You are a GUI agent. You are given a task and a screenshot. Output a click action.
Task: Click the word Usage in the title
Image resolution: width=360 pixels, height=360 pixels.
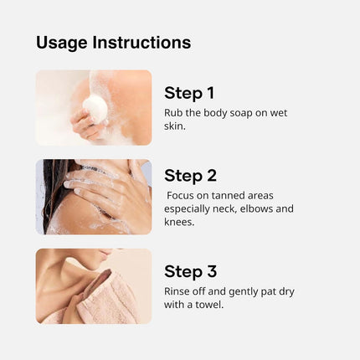coord(61,43)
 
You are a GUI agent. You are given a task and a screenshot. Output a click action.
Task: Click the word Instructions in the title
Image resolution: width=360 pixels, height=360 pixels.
coord(141,43)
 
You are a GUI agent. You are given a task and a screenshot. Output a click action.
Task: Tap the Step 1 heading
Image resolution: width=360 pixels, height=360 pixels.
coord(190,93)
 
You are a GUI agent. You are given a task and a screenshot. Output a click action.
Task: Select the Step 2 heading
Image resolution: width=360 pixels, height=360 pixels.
coord(190,176)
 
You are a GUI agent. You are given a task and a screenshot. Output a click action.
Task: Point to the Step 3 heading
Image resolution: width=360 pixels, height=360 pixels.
coord(190,271)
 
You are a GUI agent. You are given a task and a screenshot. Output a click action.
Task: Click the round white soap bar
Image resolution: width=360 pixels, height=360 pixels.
coord(95,106)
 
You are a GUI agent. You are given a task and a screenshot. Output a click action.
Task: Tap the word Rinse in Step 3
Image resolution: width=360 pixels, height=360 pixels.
coord(177,291)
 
